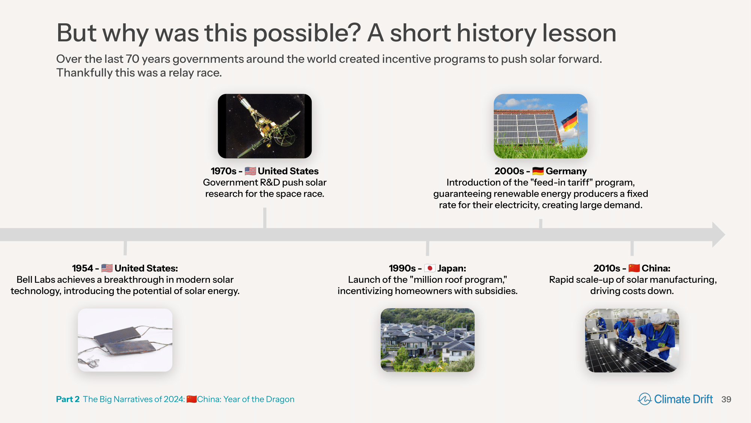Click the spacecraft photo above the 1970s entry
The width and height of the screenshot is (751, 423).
pos(265,126)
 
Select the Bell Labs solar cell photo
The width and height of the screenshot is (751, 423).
pos(125,340)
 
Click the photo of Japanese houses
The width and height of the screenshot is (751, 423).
pos(428,340)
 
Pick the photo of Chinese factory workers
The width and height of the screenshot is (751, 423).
pos(632,340)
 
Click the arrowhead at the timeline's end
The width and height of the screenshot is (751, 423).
pos(718,235)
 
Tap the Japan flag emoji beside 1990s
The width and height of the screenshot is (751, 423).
pos(430,268)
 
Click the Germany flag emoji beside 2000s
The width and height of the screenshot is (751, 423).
pos(538,171)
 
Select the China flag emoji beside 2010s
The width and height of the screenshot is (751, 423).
pos(634,268)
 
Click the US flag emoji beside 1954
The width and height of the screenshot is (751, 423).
pos(107,268)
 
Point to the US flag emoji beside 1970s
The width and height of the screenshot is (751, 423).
pos(250,171)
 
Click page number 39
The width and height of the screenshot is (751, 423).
pos(726,399)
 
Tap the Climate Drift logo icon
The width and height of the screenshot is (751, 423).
pos(645,399)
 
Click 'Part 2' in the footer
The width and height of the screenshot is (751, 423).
pos(68,399)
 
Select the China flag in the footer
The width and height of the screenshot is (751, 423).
pos(192,399)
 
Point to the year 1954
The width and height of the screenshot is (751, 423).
pos(83,268)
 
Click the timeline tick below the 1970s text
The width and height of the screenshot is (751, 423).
pos(265,218)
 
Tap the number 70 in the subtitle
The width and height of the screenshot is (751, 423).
pos(133,59)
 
